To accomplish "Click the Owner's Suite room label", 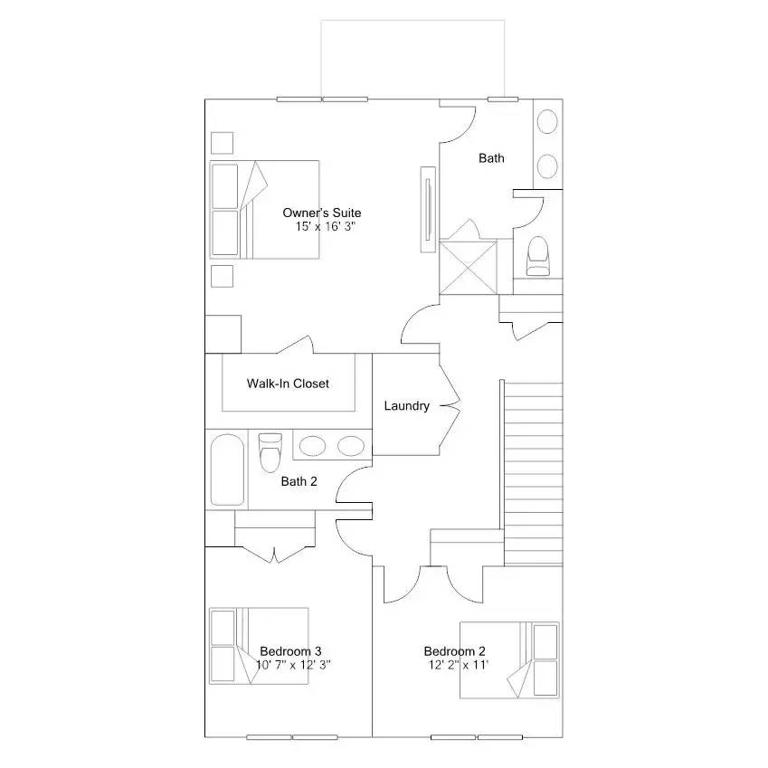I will coord(321,213).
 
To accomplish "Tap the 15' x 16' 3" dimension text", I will coord(325,226).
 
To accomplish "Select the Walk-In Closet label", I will coord(288,384).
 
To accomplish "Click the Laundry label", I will coord(406,406).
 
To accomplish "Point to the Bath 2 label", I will coord(299,481).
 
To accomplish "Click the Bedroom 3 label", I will coord(290,651).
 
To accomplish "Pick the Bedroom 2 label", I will coord(454,651).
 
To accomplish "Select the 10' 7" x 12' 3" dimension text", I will coord(299,665).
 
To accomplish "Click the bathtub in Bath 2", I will coord(227,470).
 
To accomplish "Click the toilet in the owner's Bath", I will coord(537,256).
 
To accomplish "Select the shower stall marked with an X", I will coord(469,266).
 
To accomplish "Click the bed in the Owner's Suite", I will coord(264,209).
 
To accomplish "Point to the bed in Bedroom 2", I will coord(508,659).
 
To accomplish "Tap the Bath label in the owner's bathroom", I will coord(491,158).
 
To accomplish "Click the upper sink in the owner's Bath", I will coord(547,122).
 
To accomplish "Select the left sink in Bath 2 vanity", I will coord(313,445).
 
